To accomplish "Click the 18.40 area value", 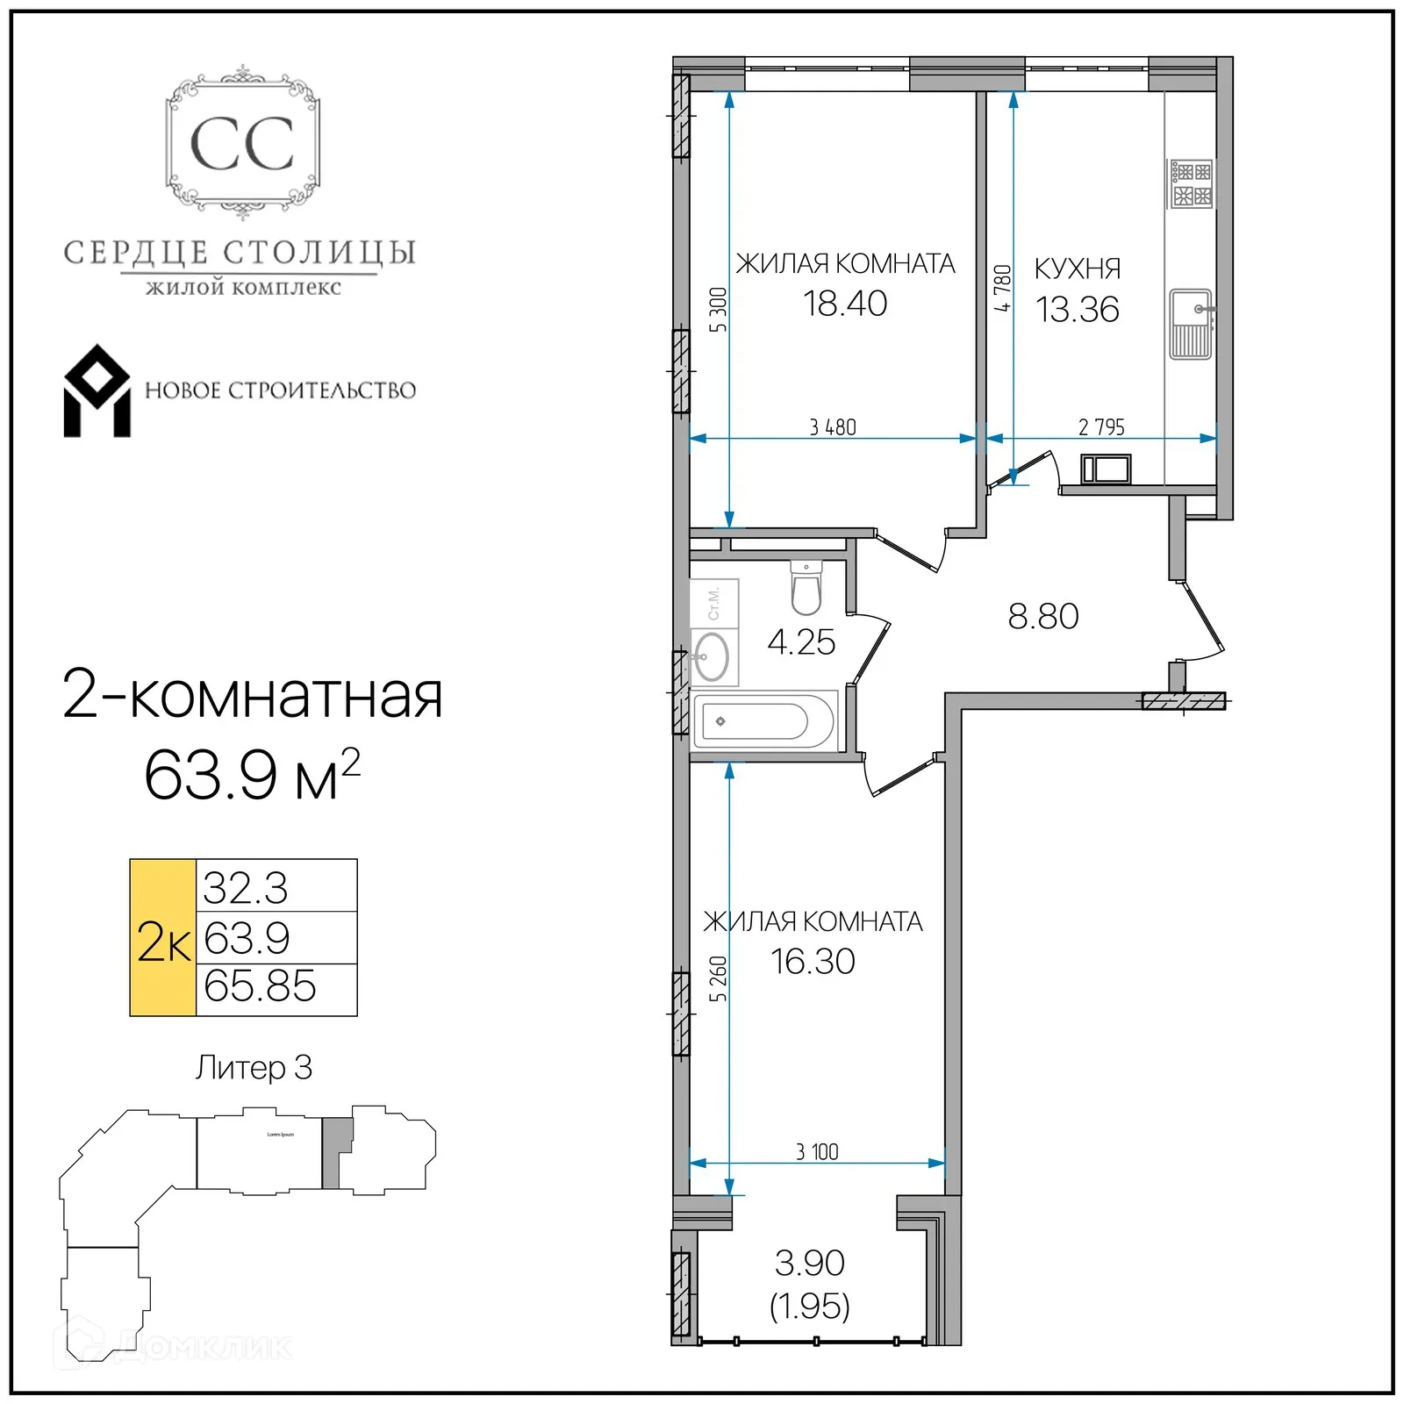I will click(x=845, y=304).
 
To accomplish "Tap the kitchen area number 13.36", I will click(x=1077, y=310).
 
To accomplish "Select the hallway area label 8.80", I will click(x=1042, y=616).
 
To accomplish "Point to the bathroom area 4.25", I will click(x=800, y=642).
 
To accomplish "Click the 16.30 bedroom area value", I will click(x=813, y=962).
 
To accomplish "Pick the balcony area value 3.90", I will click(x=809, y=1264).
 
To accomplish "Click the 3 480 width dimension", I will click(x=832, y=427).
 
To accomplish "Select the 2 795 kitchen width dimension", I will click(x=1101, y=427).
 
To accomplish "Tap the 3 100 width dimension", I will click(x=817, y=1152).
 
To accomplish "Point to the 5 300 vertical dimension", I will click(x=719, y=310).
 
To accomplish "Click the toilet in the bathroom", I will click(x=806, y=588).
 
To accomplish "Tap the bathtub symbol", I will click(x=764, y=721).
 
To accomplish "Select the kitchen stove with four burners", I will click(x=1192, y=184).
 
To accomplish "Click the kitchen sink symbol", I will click(x=1191, y=324).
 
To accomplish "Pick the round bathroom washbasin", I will click(x=712, y=656).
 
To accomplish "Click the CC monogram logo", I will click(x=242, y=144).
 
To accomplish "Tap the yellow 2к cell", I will click(x=163, y=938).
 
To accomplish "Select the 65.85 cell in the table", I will click(x=260, y=986).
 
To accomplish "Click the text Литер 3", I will click(x=254, y=1068).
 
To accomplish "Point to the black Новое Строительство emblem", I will click(x=97, y=391).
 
